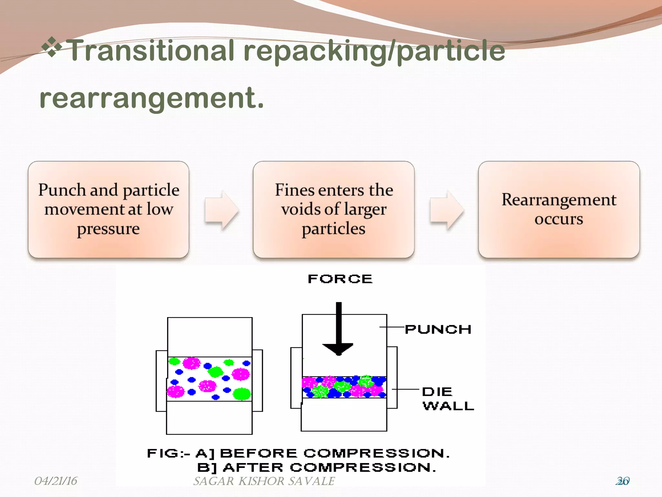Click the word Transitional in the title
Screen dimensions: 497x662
(x=152, y=50)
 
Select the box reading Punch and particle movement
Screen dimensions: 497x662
(x=109, y=209)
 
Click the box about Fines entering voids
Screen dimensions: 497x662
(x=334, y=209)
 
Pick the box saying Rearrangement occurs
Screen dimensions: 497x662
(x=559, y=209)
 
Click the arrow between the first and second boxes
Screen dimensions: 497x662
(x=222, y=210)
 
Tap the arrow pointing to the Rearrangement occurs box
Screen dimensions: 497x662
(x=447, y=210)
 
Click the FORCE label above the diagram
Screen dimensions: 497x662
(x=340, y=279)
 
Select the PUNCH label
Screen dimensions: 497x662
(x=438, y=329)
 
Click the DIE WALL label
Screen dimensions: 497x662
(x=448, y=399)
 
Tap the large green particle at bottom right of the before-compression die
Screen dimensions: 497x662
(x=242, y=393)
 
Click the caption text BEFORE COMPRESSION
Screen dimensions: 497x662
(x=335, y=453)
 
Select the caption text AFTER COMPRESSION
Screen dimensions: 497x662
(x=330, y=468)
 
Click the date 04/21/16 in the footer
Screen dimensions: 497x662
(x=56, y=481)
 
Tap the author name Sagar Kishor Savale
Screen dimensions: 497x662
(x=264, y=481)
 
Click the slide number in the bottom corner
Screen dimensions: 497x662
(x=623, y=481)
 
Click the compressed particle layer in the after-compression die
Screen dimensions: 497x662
(x=344, y=387)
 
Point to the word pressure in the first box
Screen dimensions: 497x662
(x=108, y=229)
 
